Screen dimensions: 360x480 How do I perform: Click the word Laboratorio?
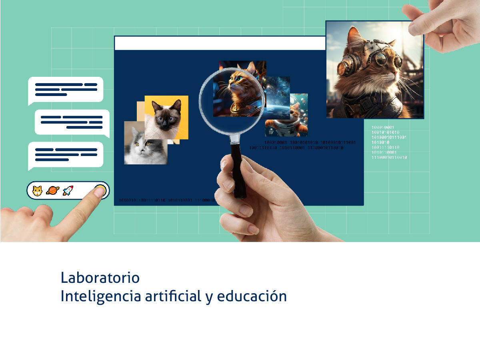100,277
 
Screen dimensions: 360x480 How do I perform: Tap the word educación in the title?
252,297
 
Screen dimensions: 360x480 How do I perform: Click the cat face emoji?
37,191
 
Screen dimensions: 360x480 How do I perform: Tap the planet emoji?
52,191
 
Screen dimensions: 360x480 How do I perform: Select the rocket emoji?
68,191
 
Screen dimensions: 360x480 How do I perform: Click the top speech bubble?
66,90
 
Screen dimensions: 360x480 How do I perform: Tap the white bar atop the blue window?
220,43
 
